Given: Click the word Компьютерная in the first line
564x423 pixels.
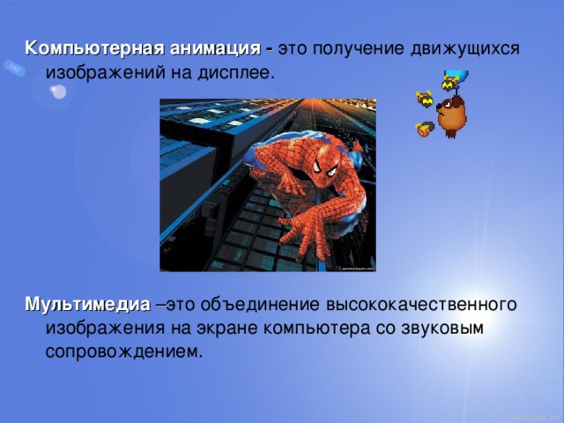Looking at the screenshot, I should coord(80,47).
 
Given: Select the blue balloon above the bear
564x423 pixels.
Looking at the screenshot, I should coord(457,75).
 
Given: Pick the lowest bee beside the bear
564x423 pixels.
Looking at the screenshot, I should coord(424,129).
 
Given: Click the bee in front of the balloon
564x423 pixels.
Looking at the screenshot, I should coord(450,84).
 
